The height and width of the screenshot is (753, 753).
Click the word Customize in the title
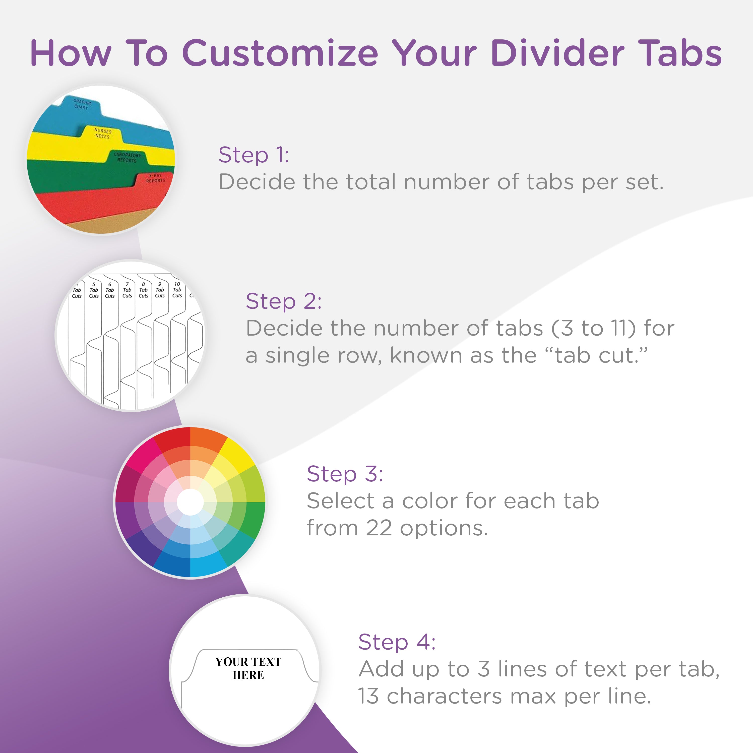pyautogui.click(x=280, y=53)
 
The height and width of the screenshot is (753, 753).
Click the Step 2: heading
pyautogui.click(x=284, y=301)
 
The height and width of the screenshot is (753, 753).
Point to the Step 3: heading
pyautogui.click(x=345, y=474)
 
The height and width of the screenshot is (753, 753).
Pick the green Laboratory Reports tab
pyautogui.click(x=127, y=157)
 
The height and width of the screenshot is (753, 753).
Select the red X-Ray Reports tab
pyautogui.click(x=155, y=178)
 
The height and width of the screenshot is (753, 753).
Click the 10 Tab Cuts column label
pyautogui.click(x=177, y=290)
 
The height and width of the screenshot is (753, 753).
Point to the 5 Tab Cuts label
pyautogui.click(x=94, y=290)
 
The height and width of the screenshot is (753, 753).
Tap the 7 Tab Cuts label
pyautogui.click(x=127, y=290)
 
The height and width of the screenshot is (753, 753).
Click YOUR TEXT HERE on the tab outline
pyautogui.click(x=248, y=668)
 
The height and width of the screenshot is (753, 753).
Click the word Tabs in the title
pyautogui.click(x=682, y=53)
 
